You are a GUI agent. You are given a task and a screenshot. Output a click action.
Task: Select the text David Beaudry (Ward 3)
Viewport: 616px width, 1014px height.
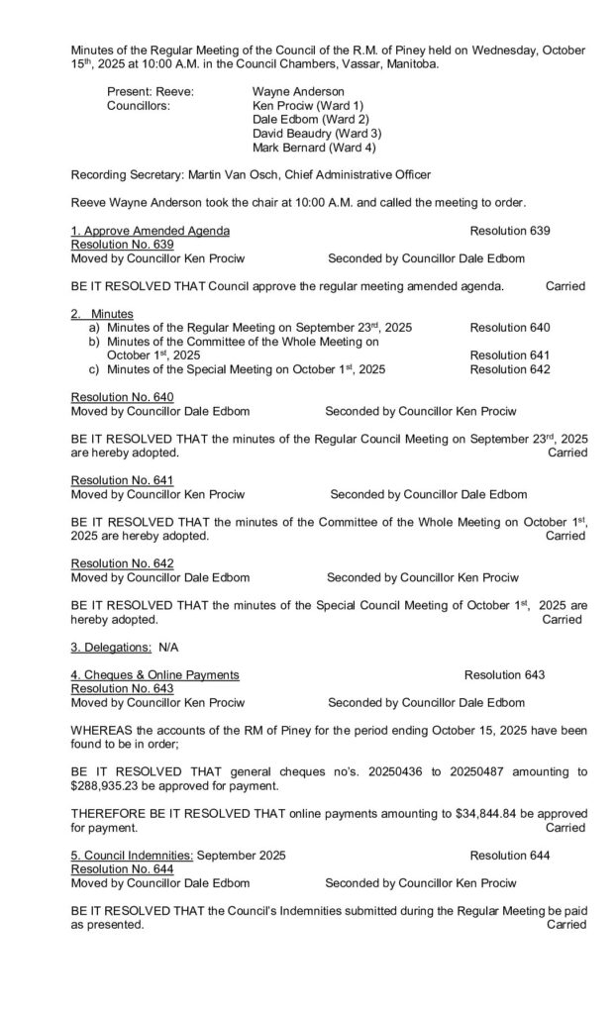click(x=317, y=133)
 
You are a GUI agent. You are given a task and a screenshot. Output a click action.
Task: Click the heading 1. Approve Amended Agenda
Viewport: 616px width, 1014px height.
click(x=151, y=231)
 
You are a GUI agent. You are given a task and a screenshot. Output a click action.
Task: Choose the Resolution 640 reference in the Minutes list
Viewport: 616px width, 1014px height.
click(x=510, y=327)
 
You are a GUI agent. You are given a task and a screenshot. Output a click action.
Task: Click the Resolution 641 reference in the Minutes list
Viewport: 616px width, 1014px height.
click(x=510, y=355)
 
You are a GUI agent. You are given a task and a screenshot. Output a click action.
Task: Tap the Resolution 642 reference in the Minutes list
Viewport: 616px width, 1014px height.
click(x=510, y=368)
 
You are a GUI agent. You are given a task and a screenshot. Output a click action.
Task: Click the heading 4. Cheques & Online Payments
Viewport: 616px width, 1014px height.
click(x=154, y=674)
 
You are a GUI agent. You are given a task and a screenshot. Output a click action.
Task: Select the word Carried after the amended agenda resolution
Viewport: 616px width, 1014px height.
click(x=565, y=286)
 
